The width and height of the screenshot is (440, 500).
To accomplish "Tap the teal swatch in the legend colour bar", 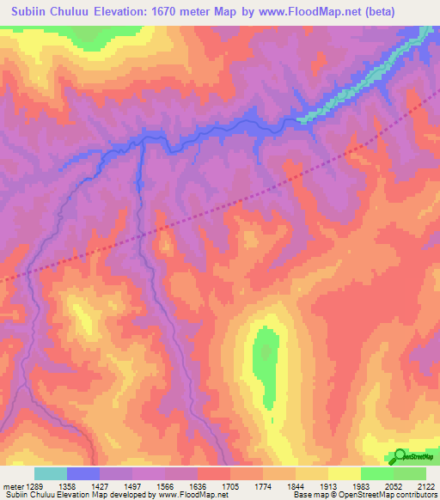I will (51, 473).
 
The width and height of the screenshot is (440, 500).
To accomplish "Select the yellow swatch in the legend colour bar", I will (344, 473).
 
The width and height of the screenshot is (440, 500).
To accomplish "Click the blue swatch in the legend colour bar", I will (83, 473).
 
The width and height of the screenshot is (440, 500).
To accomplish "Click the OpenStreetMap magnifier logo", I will (400, 456).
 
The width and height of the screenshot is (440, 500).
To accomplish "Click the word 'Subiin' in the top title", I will (33, 12).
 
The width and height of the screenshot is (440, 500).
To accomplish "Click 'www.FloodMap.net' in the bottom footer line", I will (190, 495).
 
